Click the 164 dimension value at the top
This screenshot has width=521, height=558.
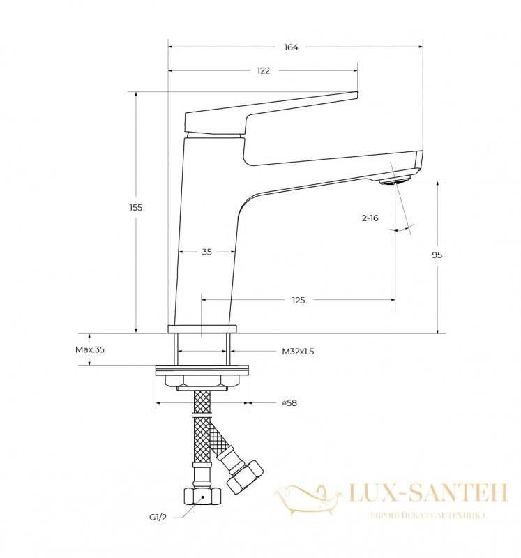pyautogui.click(x=291, y=47)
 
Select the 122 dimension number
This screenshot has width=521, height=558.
pyautogui.click(x=264, y=70)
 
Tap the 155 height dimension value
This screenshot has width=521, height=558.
pyautogui.click(x=135, y=207)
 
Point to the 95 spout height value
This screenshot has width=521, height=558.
pyautogui.click(x=437, y=255)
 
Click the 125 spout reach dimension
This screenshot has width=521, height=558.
pyautogui.click(x=299, y=300)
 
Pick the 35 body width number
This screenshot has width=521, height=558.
pyautogui.click(x=206, y=252)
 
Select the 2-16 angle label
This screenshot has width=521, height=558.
pyautogui.click(x=370, y=218)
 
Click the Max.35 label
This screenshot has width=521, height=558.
pyautogui.click(x=90, y=349)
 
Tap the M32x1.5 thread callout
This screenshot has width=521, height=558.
pyautogui.click(x=298, y=352)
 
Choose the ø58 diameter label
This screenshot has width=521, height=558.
pyautogui.click(x=289, y=403)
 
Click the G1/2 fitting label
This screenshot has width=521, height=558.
pyautogui.click(x=158, y=517)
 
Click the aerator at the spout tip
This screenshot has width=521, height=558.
pyautogui.click(x=395, y=180)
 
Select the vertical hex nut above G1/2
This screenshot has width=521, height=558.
pyautogui.click(x=202, y=496)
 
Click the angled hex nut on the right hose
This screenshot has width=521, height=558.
pyautogui.click(x=246, y=476)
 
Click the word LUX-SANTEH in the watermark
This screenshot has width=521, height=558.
pyautogui.click(x=428, y=493)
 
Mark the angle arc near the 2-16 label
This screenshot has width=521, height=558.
pyautogui.click(x=401, y=229)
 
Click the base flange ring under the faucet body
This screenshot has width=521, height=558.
pyautogui.click(x=202, y=329)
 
